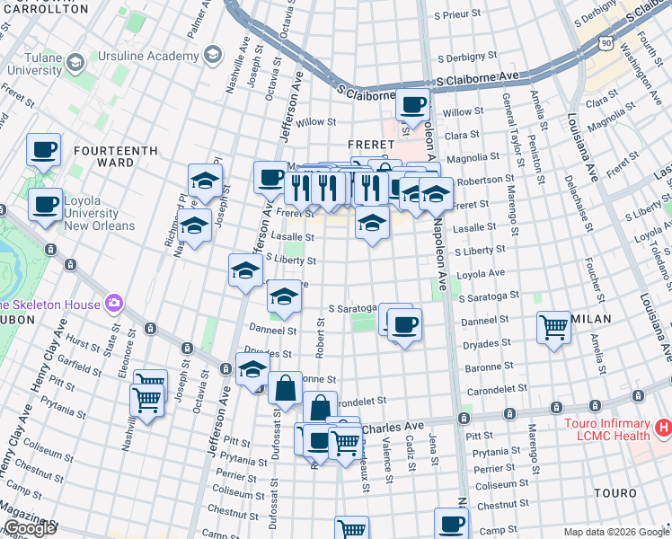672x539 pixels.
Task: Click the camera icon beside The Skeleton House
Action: point(113,304)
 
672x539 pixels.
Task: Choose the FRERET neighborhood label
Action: point(371,144)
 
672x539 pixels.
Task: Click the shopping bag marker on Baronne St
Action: point(285,389)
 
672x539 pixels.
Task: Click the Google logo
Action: point(29,528)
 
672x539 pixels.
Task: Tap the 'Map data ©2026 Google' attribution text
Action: point(616,532)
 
